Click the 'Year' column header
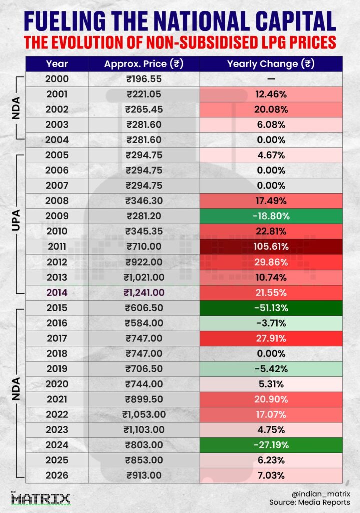pyautogui.click(x=57, y=64)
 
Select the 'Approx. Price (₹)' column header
pyautogui.click(x=143, y=64)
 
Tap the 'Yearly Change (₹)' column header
pyautogui.click(x=271, y=64)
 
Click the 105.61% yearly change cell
pyautogui.click(x=271, y=246)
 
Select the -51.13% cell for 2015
pyautogui.click(x=271, y=308)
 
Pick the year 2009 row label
pyautogui.click(x=57, y=216)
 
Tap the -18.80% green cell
pyautogui.click(x=271, y=216)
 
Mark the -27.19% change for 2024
pyautogui.click(x=271, y=445)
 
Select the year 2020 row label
pyautogui.click(x=57, y=384)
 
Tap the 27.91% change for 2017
pyautogui.click(x=271, y=338)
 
